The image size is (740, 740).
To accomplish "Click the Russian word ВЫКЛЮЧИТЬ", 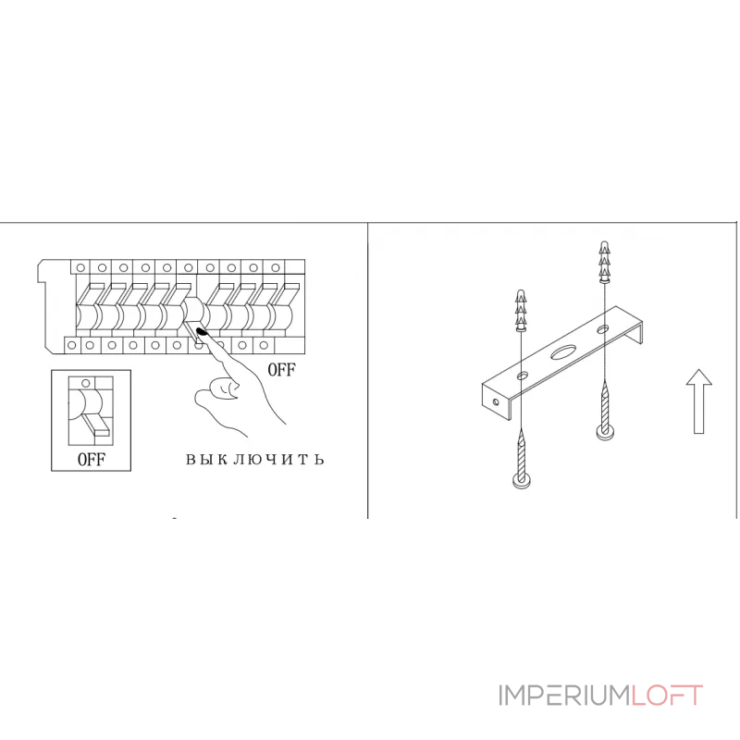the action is (x=255, y=459).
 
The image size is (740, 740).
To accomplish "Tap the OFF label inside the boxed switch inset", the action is (x=92, y=459).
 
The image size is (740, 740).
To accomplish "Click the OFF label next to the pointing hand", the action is (x=282, y=369).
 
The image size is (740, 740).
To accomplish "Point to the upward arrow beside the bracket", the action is (x=699, y=401).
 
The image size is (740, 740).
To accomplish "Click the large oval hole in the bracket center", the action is (x=561, y=352).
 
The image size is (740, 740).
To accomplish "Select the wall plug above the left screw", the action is (x=521, y=310).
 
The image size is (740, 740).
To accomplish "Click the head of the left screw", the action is (x=522, y=481).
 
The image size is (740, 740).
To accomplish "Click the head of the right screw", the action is (x=605, y=432).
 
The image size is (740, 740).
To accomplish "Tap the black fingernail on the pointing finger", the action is (x=203, y=333).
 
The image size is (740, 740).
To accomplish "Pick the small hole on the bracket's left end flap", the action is (x=496, y=402).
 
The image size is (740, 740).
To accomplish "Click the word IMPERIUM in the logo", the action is (x=564, y=696).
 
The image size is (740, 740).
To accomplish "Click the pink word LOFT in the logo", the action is (x=667, y=696).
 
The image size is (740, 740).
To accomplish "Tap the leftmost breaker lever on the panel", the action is (x=88, y=295).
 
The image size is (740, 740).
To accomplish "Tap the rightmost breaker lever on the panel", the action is (x=287, y=295).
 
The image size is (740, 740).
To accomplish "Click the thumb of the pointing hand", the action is (x=218, y=389).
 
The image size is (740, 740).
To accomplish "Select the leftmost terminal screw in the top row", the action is (x=80, y=267).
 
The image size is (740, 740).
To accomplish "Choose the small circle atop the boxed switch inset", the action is (x=85, y=382).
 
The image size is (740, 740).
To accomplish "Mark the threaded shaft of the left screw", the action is (x=521, y=453).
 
